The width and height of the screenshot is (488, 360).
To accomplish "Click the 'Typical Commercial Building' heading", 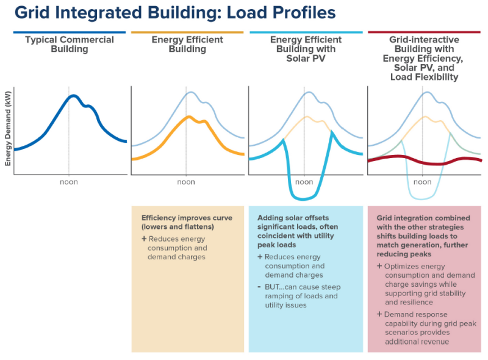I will (x=69, y=44).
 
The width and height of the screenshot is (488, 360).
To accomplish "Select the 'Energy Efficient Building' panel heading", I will (x=187, y=44).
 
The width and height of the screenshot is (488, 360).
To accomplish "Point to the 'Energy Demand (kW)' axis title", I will (x=8, y=131).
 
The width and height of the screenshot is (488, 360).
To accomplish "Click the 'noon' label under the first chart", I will (x=68, y=182).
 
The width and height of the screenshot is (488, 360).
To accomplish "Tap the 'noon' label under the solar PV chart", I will (x=304, y=182).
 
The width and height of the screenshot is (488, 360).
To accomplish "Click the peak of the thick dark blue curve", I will (x=73, y=95).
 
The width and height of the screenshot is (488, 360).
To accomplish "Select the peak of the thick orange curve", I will (x=190, y=117).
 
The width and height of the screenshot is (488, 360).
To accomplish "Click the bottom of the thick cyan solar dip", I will (x=304, y=198).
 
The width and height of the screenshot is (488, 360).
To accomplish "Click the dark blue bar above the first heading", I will (x=69, y=32).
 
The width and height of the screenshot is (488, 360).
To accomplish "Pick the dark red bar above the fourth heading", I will (x=424, y=32).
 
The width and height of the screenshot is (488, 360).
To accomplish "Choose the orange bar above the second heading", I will (x=187, y=32).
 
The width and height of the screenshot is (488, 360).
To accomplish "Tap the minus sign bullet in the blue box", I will (x=260, y=287).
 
